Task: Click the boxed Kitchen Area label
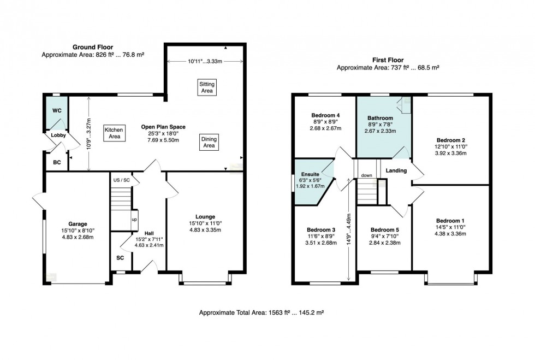pos(114,133)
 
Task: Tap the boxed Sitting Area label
pos(207,87)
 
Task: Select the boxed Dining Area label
pos(209,142)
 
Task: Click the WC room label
pos(57,111)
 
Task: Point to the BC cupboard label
pos(57,162)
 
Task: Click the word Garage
pos(78,224)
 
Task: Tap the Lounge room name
pos(205,216)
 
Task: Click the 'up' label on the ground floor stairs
pos(134,219)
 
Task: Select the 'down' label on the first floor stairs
pos(367,175)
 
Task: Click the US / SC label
pos(121,180)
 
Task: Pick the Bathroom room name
pos(381,118)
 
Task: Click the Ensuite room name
pos(310,174)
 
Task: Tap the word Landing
pos(396,170)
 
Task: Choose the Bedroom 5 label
pos(385,230)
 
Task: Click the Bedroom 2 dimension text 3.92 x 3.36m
pos(451,153)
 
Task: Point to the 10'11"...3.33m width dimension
pos(205,62)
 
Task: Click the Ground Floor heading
pos(93,47)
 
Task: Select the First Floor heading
pos(388,60)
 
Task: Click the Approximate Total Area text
pos(261,312)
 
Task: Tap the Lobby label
pos(58,135)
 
